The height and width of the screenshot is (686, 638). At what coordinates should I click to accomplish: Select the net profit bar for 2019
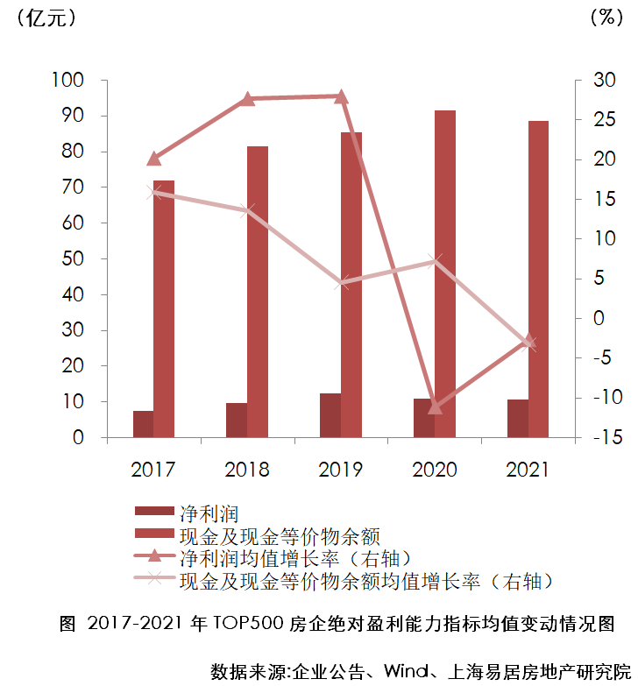(x=330, y=415)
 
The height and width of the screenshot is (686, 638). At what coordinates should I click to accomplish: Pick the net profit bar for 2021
(x=517, y=419)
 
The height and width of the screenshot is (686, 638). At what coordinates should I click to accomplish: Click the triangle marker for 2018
(x=247, y=99)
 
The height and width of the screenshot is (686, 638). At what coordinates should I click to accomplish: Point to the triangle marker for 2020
(x=436, y=407)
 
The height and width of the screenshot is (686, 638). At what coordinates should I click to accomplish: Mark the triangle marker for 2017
(x=154, y=159)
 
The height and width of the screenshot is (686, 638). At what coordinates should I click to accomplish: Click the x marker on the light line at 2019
(x=342, y=282)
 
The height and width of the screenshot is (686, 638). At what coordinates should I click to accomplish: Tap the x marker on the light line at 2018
(x=247, y=210)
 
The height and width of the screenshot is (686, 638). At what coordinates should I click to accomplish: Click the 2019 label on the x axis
(x=341, y=470)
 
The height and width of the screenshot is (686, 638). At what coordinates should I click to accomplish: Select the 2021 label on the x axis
(x=528, y=470)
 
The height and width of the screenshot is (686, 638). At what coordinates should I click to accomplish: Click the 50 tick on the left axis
(x=73, y=259)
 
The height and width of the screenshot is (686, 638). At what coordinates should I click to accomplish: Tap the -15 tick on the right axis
(x=597, y=437)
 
